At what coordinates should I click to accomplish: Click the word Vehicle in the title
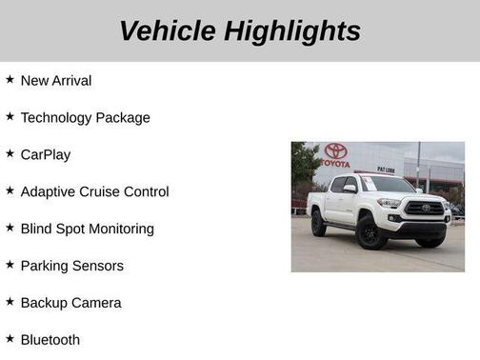(168, 31)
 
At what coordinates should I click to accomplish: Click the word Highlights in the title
(292, 31)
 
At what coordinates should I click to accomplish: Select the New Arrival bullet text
(56, 81)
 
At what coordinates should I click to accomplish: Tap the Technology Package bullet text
(85, 118)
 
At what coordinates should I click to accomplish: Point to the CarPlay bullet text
(46, 154)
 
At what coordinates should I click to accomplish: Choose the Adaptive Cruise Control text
(94, 191)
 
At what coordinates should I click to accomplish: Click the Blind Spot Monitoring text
(87, 229)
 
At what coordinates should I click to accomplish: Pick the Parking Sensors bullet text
(71, 266)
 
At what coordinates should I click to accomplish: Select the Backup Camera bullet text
(70, 303)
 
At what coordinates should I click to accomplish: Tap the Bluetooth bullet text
(50, 340)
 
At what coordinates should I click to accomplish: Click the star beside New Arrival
(10, 80)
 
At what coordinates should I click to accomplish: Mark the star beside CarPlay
(10, 153)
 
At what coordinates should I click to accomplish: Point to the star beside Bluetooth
(10, 338)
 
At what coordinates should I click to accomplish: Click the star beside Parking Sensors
(10, 264)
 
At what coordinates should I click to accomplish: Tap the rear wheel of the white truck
(318, 223)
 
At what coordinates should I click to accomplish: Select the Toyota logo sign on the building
(335, 150)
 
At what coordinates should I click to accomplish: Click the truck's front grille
(425, 209)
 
